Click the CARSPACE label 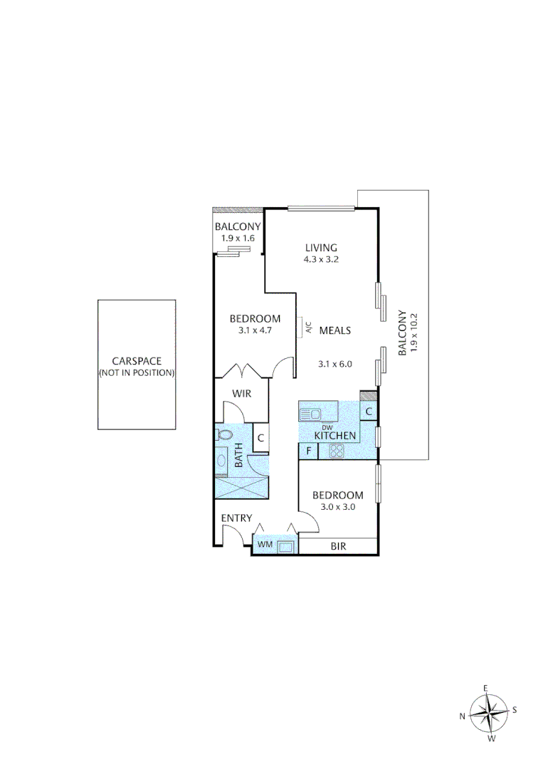pos(136,360)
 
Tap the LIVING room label pos(321,247)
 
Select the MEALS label pos(334,330)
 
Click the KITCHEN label pos(335,435)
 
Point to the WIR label pos(242,392)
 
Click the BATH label pos(238,456)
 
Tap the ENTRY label pos(236,518)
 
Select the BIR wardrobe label pos(339,547)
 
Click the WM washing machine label pos(265,545)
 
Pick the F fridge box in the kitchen pos(309,451)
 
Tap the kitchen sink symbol pos(311,413)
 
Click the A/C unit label pos(307,327)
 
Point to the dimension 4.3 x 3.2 pos(321,259)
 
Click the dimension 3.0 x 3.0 pos(338,508)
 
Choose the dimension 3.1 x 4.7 pos(255,331)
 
